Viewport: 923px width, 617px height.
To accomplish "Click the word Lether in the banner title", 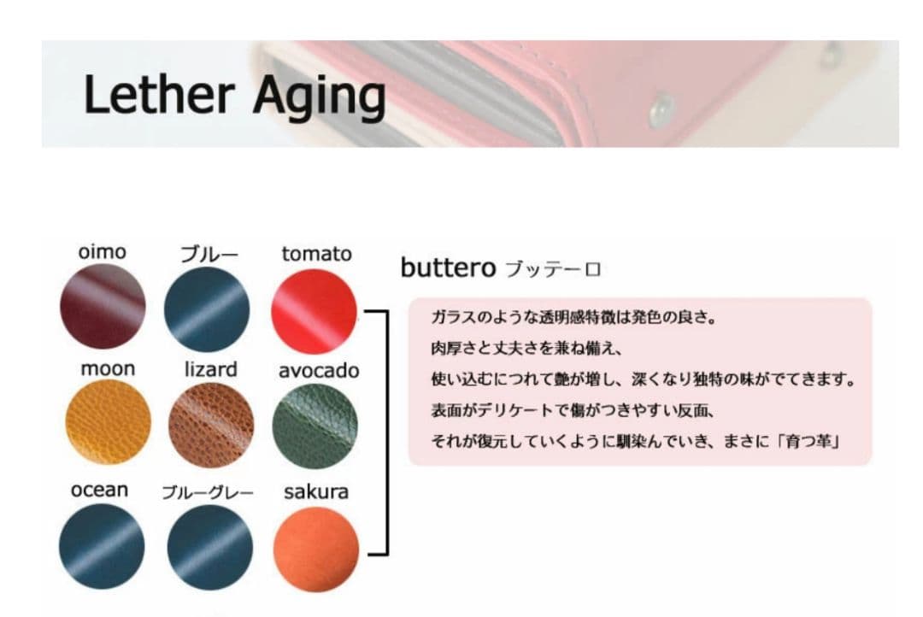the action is click(x=159, y=94).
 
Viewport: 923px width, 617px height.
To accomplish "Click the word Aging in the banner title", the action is click(x=320, y=97).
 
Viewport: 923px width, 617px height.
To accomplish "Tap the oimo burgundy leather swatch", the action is click(x=103, y=306).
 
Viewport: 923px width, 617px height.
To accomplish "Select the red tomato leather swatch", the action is click(x=314, y=311).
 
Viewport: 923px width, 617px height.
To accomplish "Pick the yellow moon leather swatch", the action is click(x=108, y=421).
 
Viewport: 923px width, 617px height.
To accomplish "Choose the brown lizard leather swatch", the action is click(x=211, y=425).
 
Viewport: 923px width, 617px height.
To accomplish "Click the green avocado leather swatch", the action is click(x=315, y=426).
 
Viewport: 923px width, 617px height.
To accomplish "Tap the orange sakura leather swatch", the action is click(x=316, y=549).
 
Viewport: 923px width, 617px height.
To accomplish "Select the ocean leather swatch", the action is click(x=102, y=546).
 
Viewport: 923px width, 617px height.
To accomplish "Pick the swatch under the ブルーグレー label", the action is click(x=210, y=548).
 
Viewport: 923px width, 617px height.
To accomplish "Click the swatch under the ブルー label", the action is click(x=207, y=309).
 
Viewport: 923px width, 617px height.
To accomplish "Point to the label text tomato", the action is click(x=317, y=254).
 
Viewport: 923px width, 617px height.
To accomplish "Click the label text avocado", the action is click(x=319, y=370).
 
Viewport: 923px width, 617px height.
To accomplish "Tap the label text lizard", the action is click(x=211, y=369).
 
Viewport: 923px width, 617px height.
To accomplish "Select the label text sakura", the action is click(x=316, y=491).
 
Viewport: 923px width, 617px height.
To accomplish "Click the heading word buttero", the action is click(x=449, y=267).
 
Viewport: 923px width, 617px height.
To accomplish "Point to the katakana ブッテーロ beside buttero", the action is click(x=553, y=270).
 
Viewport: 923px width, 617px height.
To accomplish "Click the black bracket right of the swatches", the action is click(x=387, y=432).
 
